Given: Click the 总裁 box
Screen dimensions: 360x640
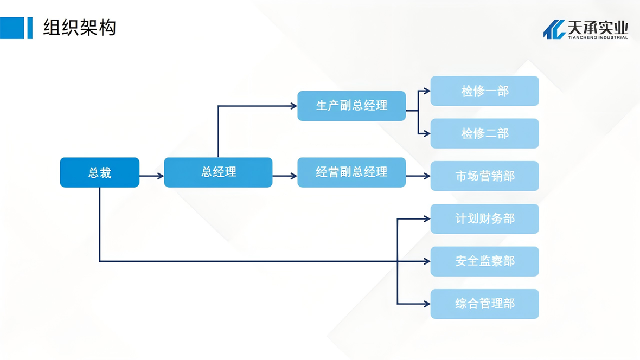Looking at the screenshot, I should [99, 172].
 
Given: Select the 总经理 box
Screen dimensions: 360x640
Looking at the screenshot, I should [218, 172].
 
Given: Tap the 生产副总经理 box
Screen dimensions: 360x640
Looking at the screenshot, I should [351, 106].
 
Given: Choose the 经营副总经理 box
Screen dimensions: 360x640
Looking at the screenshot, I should [351, 172].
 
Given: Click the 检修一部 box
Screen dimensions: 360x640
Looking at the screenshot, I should [484, 91].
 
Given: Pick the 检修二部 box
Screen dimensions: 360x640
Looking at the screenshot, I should [484, 133].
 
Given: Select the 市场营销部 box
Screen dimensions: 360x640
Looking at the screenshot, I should [484, 176].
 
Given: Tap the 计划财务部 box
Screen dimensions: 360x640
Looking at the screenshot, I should [484, 219].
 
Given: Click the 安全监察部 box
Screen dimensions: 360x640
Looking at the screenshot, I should [484, 261].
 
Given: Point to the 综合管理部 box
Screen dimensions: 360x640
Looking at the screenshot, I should [484, 304].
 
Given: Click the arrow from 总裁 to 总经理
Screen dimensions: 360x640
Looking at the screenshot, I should [152, 176].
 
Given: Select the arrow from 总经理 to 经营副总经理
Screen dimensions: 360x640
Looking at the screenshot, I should [285, 176].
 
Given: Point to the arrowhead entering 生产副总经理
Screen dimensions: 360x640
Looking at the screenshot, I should [293, 106].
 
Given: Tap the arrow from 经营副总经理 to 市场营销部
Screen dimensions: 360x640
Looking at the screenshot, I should [418, 176].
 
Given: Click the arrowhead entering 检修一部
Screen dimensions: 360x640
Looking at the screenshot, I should [427, 91].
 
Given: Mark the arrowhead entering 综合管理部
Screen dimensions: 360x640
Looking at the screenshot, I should [427, 304].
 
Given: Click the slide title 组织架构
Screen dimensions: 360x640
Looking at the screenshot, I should [79, 27].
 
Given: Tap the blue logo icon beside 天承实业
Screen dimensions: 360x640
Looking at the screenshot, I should [554, 29].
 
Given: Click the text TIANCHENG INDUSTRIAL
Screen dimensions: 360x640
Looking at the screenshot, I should [598, 37].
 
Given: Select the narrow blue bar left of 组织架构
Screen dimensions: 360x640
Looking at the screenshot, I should [30, 28].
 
